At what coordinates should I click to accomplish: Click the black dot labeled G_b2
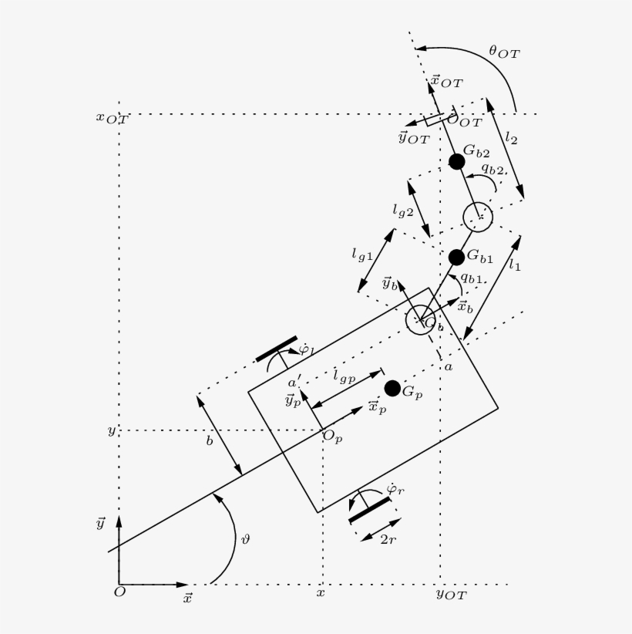tap(457, 161)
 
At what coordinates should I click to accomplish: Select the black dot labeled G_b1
tap(456, 257)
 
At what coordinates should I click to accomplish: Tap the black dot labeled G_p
tap(392, 388)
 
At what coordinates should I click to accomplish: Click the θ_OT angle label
tap(504, 52)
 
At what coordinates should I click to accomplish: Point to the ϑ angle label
tap(245, 541)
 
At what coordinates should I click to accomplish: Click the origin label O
tap(119, 592)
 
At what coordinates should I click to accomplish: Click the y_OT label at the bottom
tap(451, 594)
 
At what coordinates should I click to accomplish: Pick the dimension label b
tap(209, 441)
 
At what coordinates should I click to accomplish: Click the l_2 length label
tap(511, 138)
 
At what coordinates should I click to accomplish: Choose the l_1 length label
tap(514, 265)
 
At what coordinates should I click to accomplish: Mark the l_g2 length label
tap(403, 209)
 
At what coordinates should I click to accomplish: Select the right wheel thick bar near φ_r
tap(370, 510)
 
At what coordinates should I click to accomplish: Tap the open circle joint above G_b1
tap(477, 216)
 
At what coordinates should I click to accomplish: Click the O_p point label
tap(332, 437)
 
